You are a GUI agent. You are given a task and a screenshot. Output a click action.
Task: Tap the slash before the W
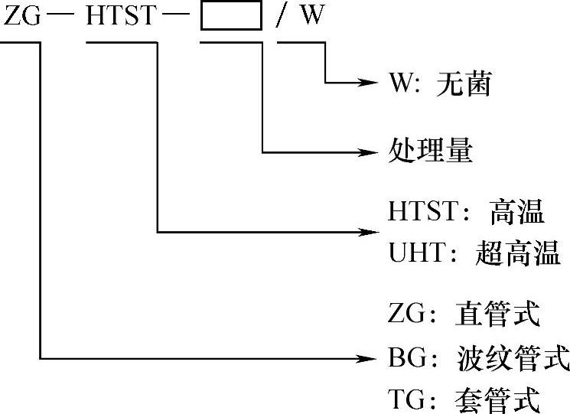coord(281,18)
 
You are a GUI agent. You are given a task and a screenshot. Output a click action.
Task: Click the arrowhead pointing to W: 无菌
coord(371,82)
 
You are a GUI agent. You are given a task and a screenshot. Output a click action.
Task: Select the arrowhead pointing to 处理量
coord(371,152)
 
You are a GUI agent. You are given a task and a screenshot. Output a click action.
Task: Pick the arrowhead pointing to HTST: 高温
coord(371,231)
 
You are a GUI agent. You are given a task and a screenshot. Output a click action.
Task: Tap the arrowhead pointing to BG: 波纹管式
coord(371,357)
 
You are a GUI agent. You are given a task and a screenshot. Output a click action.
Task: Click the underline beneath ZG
coord(21,41)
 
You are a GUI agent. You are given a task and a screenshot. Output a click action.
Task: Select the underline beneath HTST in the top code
coord(121,41)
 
